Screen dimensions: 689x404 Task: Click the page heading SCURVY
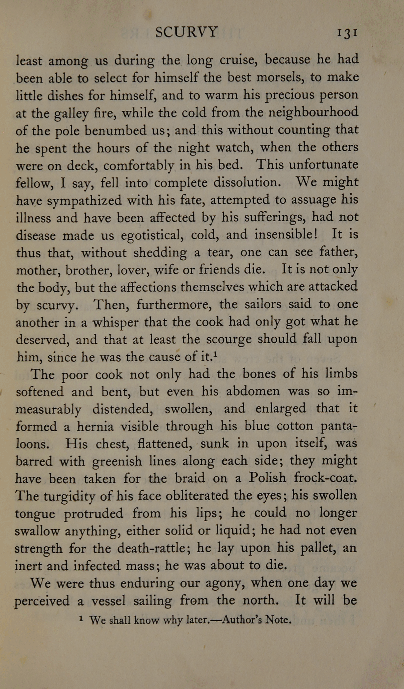click(x=186, y=32)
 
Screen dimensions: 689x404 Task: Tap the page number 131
click(x=347, y=33)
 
